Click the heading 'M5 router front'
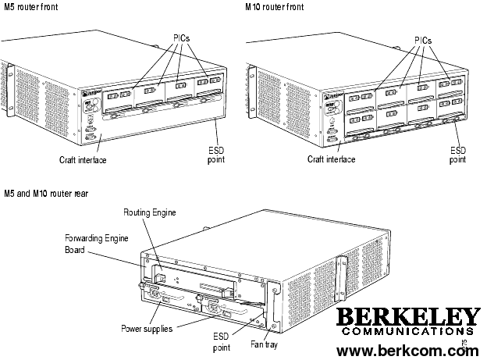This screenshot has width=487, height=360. pyautogui.click(x=30, y=6)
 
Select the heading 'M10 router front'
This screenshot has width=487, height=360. pyautogui.click(x=274, y=6)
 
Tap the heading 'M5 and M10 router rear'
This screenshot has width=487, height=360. pyautogui.click(x=46, y=194)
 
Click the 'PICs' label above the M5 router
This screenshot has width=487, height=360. pyautogui.click(x=181, y=38)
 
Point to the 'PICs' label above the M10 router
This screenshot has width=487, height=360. pyautogui.click(x=423, y=41)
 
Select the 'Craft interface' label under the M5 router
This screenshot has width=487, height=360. pyautogui.click(x=83, y=160)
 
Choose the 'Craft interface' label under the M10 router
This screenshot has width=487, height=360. pyautogui.click(x=331, y=159)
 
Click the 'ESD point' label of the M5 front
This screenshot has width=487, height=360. pyautogui.click(x=216, y=155)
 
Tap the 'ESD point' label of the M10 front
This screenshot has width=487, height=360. pyautogui.click(x=458, y=155)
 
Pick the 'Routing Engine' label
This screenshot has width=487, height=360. pyautogui.click(x=150, y=212)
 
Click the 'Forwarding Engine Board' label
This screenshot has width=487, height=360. pyautogui.click(x=96, y=244)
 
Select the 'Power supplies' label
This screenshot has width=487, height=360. pyautogui.click(x=147, y=329)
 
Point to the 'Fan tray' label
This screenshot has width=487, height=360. pyautogui.click(x=264, y=344)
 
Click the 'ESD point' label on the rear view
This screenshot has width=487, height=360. pyautogui.click(x=222, y=342)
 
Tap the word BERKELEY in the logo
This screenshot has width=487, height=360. pyautogui.click(x=408, y=317)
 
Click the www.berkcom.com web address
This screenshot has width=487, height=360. pyautogui.click(x=408, y=351)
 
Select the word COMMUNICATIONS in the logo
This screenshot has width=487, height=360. pyautogui.click(x=408, y=331)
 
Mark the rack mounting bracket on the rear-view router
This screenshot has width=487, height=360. pyautogui.click(x=341, y=278)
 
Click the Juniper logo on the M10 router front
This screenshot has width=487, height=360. pyautogui.click(x=333, y=96)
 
